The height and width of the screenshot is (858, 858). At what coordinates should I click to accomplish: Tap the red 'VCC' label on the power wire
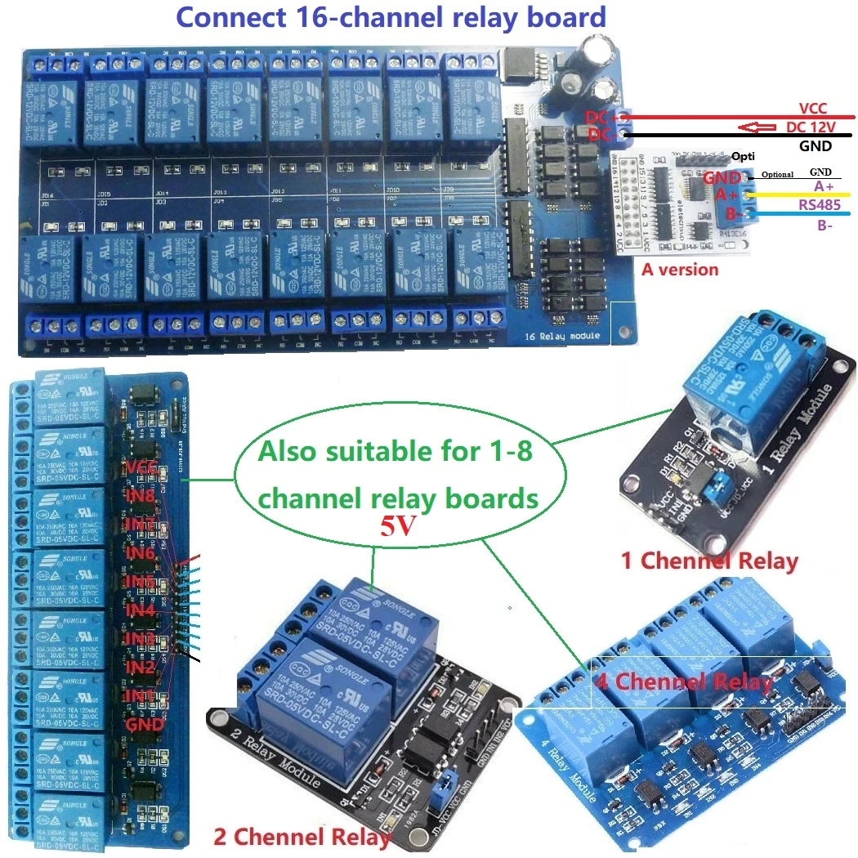(x=814, y=108)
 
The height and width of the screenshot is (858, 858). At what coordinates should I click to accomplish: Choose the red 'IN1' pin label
(x=141, y=695)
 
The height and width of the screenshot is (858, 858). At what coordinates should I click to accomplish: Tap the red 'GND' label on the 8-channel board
(x=145, y=724)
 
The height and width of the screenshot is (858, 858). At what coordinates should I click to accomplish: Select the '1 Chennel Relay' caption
(x=709, y=561)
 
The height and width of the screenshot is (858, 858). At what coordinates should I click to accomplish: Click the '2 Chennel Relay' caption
(x=302, y=837)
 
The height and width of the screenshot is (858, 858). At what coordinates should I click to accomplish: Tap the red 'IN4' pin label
(x=141, y=609)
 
